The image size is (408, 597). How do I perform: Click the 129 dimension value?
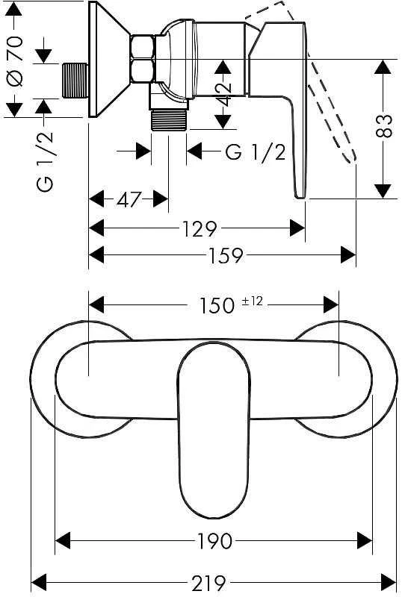click(x=200, y=228)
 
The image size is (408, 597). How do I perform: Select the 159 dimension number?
click(x=226, y=255)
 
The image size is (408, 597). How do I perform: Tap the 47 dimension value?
click(x=129, y=199)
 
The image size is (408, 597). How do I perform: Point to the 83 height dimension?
click(x=383, y=125)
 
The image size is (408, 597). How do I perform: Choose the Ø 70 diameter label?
click(x=16, y=61)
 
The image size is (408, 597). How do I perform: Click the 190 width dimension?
click(x=214, y=540)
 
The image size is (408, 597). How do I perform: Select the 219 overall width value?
click(x=208, y=583)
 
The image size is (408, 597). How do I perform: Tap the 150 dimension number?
click(x=217, y=305)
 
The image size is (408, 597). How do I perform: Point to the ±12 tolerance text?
click(x=253, y=301)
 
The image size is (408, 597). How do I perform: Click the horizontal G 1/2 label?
click(x=255, y=152)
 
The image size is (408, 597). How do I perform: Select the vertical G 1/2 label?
click(x=46, y=160)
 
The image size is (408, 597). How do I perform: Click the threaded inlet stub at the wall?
click(x=75, y=81)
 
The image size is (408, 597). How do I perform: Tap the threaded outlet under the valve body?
click(x=170, y=120)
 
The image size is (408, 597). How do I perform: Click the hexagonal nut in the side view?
click(x=142, y=58)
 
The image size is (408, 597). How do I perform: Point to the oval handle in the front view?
click(x=214, y=431)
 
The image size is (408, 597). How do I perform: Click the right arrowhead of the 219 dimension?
click(x=388, y=583)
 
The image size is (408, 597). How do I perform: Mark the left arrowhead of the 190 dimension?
click(x=63, y=540)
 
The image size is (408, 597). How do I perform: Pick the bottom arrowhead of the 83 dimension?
click(x=383, y=191)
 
